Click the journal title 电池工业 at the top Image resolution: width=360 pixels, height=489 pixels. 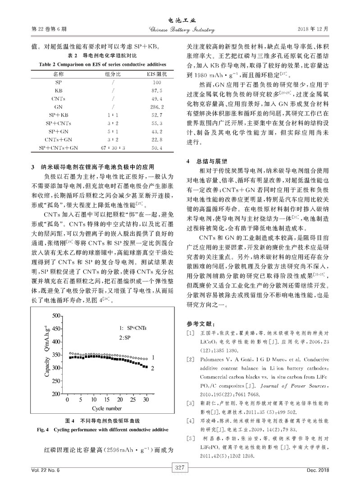(180, 21)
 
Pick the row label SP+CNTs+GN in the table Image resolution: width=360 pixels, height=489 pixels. (59, 148)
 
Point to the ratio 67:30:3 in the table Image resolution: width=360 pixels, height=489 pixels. (106, 148)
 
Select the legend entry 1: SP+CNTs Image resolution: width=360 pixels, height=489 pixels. (133, 328)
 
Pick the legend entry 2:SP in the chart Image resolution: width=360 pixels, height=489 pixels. (125, 338)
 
